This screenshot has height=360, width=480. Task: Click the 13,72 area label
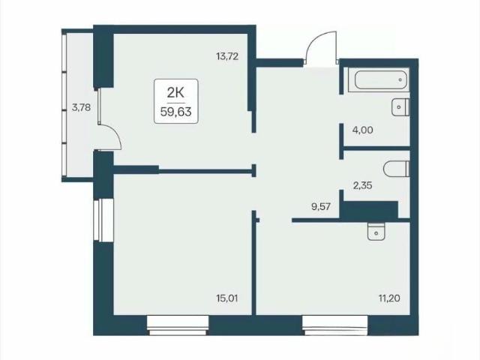coord(227,57)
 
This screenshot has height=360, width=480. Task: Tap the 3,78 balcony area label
coord(81,108)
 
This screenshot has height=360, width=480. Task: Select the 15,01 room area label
coord(226,298)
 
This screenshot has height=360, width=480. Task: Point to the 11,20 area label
coord(389,298)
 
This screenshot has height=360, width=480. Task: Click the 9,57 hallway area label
coord(321,207)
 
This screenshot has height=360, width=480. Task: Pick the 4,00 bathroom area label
coord(363,130)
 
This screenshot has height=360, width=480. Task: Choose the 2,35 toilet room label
coord(363,185)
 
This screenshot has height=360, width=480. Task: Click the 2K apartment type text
coord(176,92)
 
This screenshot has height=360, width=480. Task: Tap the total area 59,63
coord(176,112)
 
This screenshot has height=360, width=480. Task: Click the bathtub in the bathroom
coord(382,80)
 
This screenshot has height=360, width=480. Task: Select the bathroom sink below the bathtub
coord(400,107)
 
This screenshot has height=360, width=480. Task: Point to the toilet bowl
coord(397,169)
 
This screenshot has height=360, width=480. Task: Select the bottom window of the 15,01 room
coord(178,325)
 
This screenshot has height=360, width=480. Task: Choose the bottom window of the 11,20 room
coord(335,325)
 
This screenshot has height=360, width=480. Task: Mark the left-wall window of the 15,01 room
coord(103,220)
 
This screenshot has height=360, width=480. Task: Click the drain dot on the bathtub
coord(400,80)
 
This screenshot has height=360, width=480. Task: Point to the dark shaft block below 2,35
coord(370,209)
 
